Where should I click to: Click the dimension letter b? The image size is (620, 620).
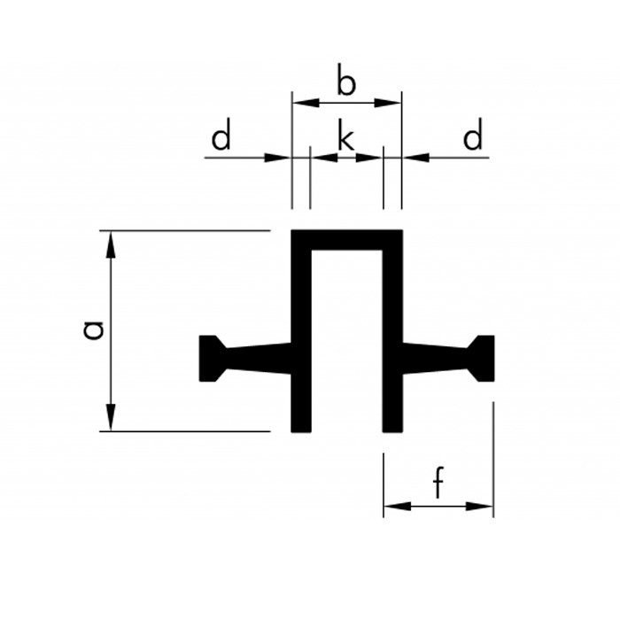coord(346,80)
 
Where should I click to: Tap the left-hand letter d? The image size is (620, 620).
coord(221,134)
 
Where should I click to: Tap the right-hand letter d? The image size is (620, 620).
coord(473,134)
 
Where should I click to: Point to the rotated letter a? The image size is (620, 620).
coord(94,330)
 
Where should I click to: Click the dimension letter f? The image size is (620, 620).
coord(438,482)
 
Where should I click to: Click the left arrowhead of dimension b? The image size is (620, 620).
coord(306,103)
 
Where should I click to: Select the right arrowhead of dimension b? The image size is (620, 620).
coord(388,103)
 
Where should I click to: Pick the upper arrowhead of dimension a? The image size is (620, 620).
coord(111,244)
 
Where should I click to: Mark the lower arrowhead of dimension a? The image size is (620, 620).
coord(111,417)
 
